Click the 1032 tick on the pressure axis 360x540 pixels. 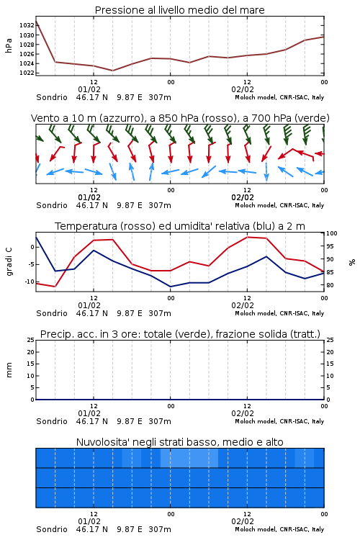27,25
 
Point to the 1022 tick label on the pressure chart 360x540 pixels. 27,73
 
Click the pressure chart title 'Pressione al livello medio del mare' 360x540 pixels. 180,10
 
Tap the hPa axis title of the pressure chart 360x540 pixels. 9,45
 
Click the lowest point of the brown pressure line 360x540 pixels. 112,71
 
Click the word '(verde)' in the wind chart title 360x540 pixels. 312,118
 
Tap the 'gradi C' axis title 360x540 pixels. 9,262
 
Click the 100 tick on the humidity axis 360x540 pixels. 332,233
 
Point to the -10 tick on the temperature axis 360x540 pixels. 29,282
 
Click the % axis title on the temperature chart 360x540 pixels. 352,262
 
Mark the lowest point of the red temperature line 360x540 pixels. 55,287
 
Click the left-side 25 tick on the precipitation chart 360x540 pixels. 31,340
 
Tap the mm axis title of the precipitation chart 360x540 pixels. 9,370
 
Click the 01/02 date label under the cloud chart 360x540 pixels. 89,521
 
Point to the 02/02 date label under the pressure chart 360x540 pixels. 243,89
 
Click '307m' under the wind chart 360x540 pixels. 160,205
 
